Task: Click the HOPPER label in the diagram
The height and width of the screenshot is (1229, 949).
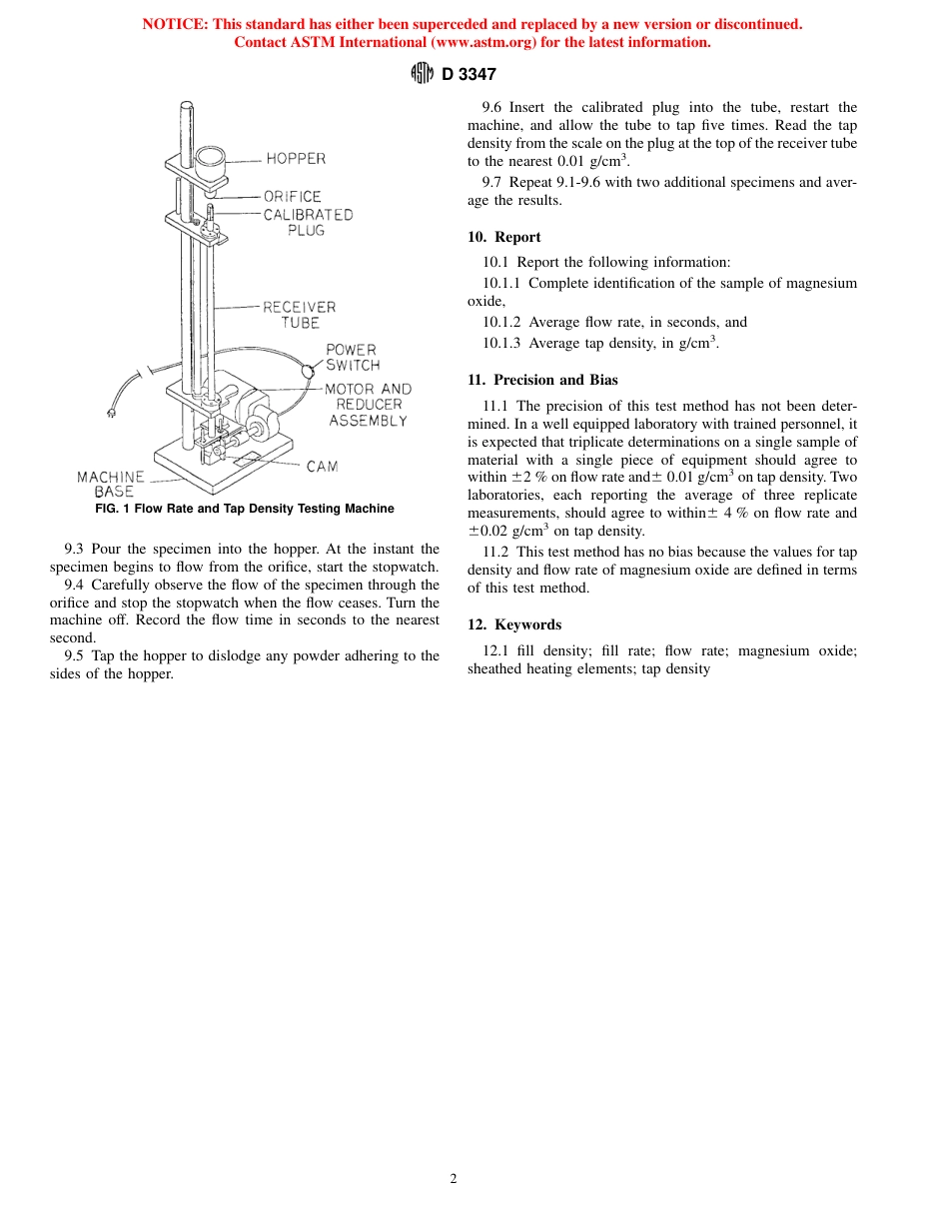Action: [x=295, y=158]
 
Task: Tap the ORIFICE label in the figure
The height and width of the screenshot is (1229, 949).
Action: [x=292, y=197]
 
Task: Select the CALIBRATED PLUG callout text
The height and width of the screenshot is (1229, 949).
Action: [x=308, y=222]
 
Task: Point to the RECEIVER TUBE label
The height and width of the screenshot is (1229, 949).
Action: [x=299, y=315]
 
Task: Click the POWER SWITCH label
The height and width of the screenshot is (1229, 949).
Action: [x=353, y=357]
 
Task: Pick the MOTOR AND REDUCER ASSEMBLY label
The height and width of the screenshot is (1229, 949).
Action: [x=368, y=404]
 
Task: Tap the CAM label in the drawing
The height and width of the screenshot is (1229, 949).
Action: [x=322, y=467]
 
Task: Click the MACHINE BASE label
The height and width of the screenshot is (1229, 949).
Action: [x=111, y=484]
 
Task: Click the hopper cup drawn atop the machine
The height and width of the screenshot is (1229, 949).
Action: [x=212, y=160]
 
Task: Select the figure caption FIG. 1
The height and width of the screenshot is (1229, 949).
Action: [x=238, y=509]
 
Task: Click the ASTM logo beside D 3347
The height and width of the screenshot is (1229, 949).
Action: [x=423, y=73]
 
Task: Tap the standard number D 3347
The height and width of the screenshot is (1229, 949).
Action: [x=469, y=74]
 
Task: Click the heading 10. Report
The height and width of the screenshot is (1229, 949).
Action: [x=504, y=237]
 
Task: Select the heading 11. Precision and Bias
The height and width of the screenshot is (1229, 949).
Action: [x=542, y=380]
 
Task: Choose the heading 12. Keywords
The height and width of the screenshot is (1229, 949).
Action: [x=514, y=624]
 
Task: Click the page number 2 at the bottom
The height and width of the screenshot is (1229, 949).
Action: [x=454, y=1179]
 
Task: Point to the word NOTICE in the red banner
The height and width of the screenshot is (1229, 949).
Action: [x=174, y=24]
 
